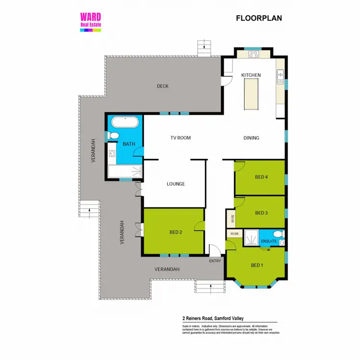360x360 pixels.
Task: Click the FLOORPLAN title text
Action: click(x=259, y=19)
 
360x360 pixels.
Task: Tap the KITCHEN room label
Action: click(x=251, y=75)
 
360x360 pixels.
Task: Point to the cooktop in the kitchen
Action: click(x=254, y=55)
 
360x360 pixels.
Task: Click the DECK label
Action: click(x=163, y=86)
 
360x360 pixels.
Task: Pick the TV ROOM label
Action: click(x=180, y=138)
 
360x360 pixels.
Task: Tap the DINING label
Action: click(x=251, y=138)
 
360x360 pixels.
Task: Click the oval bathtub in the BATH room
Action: click(x=124, y=122)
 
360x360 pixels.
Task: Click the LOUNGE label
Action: click(x=176, y=184)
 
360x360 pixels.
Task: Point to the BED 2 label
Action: click(x=176, y=232)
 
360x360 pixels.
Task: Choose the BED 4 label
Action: click(x=261, y=177)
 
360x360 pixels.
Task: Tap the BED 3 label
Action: click(x=261, y=213)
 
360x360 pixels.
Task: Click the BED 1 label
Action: click(x=257, y=265)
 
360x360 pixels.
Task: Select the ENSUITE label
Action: click(x=268, y=241)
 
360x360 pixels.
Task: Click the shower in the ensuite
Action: click(x=249, y=238)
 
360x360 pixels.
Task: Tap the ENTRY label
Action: click(x=215, y=261)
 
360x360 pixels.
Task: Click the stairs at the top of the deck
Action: click(x=204, y=48)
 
